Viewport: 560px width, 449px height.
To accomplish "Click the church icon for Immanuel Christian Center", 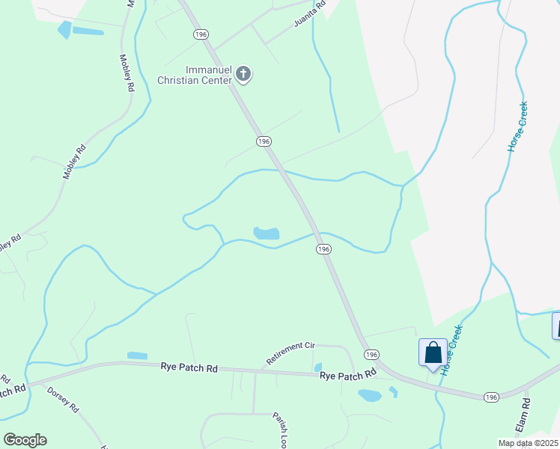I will coord(243,73).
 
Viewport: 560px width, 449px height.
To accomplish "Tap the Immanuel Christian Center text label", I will coord(195,75).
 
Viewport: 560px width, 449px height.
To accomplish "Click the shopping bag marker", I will coord(433,352).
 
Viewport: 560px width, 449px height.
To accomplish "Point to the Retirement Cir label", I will coord(290,354).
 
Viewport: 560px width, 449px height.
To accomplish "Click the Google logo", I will coord(25,439).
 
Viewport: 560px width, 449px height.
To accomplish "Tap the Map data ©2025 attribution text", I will coord(527,443).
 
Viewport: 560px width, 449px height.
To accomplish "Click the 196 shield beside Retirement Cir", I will coord(371,354).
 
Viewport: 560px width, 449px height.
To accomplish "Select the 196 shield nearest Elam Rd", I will coord(490,397).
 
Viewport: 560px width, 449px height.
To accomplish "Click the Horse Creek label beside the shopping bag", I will coord(451,349).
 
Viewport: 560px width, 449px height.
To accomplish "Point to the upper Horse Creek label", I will coord(517,126).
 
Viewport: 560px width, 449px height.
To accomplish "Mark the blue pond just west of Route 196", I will coord(267,233).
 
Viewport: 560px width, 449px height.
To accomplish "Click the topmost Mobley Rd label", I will coord(127,73).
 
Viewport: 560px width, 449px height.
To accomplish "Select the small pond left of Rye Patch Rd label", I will coord(137,355).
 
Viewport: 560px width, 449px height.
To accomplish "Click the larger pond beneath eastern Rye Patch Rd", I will coord(370,394).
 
